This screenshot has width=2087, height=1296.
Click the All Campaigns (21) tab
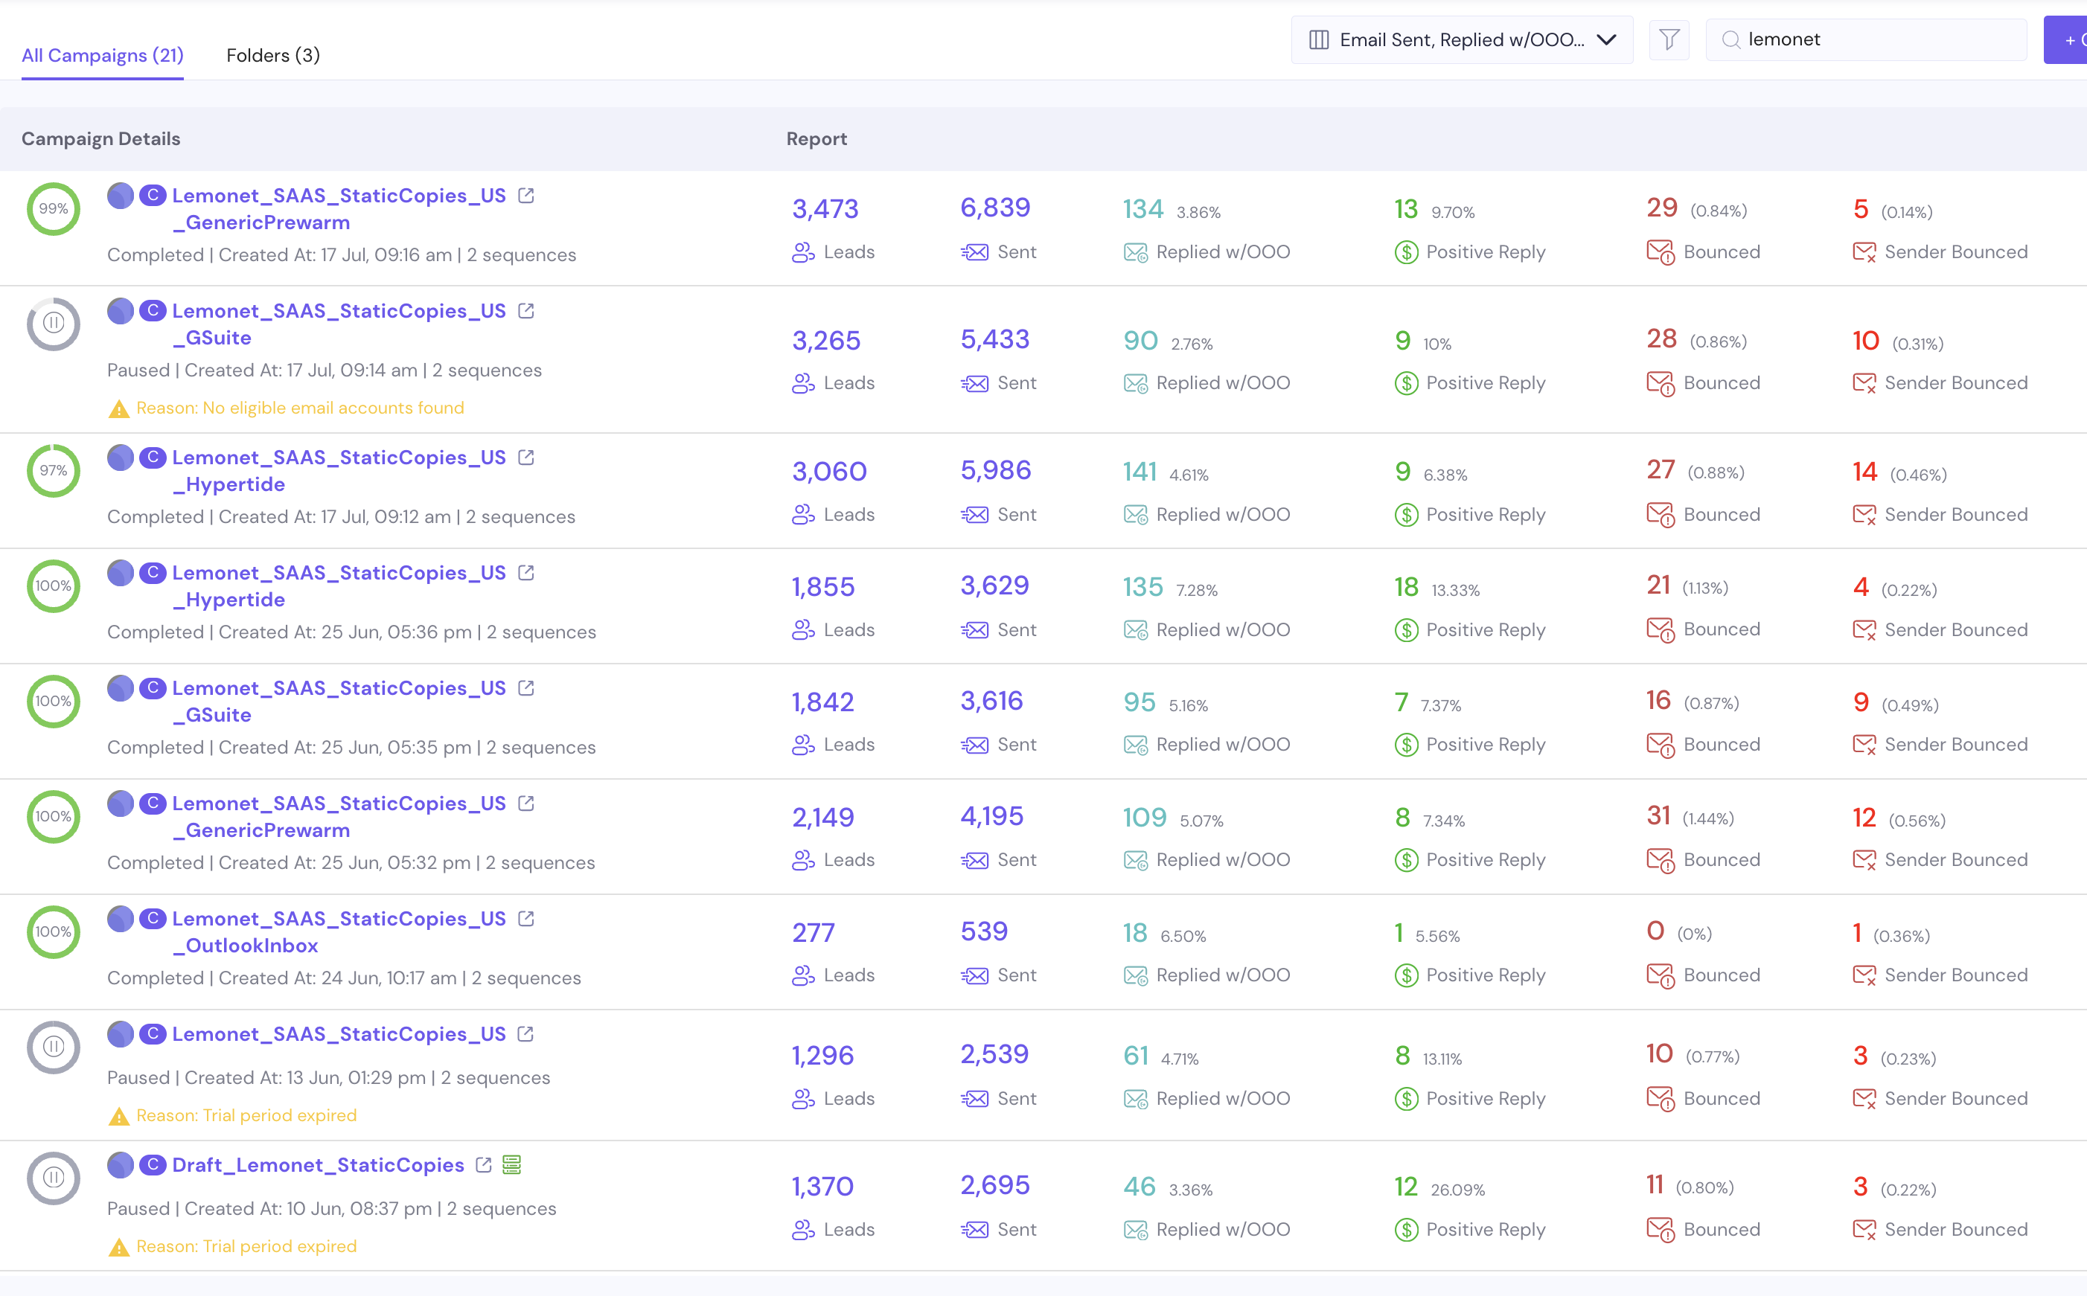(x=102, y=56)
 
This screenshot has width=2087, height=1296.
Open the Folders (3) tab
(x=272, y=56)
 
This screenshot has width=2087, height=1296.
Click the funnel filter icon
(x=1669, y=39)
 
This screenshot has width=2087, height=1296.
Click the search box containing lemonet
(x=1866, y=39)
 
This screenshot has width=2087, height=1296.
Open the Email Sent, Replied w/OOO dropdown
(x=1461, y=39)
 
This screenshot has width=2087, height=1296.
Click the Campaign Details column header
(x=101, y=139)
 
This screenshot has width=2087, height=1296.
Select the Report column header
(x=816, y=139)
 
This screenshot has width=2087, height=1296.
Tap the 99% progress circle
(x=53, y=208)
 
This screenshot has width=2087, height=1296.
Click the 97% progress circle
(x=53, y=471)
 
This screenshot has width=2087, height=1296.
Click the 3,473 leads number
(x=825, y=209)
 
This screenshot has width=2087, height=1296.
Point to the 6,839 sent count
(x=994, y=208)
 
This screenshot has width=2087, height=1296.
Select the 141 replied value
(x=1140, y=472)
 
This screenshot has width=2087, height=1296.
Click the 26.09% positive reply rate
(x=1457, y=1190)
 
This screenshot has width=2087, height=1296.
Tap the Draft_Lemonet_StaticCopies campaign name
(x=318, y=1165)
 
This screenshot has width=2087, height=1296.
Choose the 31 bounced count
(x=1658, y=815)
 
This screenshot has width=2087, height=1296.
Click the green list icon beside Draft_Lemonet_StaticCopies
(x=512, y=1165)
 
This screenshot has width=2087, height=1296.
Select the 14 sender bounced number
(x=1865, y=472)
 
